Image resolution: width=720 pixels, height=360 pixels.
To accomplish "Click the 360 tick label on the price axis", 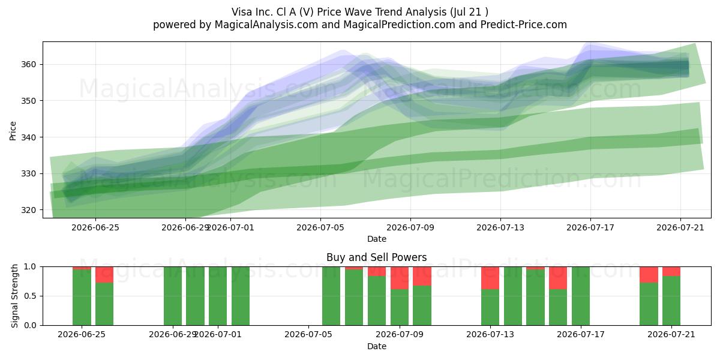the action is (x=28, y=64).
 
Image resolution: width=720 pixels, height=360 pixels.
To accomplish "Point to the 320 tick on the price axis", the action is (x=28, y=210).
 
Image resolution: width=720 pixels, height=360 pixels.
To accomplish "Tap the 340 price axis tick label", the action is (x=28, y=137).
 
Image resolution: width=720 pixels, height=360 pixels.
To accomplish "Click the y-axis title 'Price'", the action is (x=13, y=131).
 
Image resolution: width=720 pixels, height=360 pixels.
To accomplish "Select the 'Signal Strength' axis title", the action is (x=14, y=296).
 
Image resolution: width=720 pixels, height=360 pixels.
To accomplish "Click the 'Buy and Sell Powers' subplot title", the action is (x=376, y=257).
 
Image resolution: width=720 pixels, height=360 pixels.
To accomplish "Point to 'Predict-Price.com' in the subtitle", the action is (x=524, y=25).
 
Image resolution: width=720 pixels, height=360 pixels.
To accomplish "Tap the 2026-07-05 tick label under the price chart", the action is (x=320, y=227).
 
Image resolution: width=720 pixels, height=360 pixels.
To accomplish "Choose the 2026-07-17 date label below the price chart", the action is (x=590, y=227).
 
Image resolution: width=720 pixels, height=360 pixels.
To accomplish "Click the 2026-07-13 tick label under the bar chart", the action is (x=490, y=334).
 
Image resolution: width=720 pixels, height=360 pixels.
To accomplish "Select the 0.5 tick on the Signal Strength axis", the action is (x=30, y=296).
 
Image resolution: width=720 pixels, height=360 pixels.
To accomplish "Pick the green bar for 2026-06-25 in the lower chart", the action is (x=82, y=298).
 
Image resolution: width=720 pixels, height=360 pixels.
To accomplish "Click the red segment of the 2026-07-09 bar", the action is (x=400, y=278).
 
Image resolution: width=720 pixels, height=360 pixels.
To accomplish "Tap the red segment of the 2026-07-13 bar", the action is (x=490, y=278).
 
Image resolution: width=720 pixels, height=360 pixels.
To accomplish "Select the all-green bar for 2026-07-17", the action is (x=581, y=296).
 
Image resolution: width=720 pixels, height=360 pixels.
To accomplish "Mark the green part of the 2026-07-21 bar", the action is (x=671, y=301).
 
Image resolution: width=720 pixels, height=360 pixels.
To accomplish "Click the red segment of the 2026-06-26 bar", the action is (x=104, y=275).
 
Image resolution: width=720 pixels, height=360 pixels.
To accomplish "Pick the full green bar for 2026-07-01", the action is (x=218, y=296).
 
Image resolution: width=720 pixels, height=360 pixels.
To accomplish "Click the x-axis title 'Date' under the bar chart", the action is (x=377, y=346).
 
